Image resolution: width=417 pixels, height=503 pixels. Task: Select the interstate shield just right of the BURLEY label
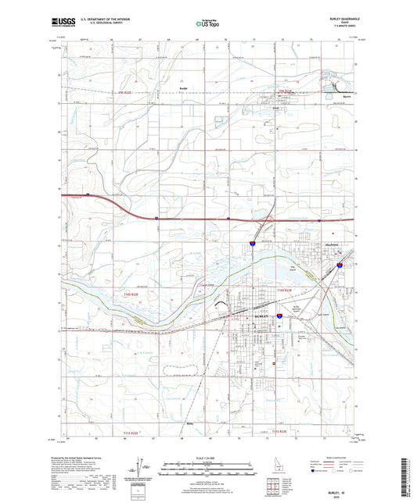coord(279,318)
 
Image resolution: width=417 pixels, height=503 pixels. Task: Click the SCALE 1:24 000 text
coord(207,457)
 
